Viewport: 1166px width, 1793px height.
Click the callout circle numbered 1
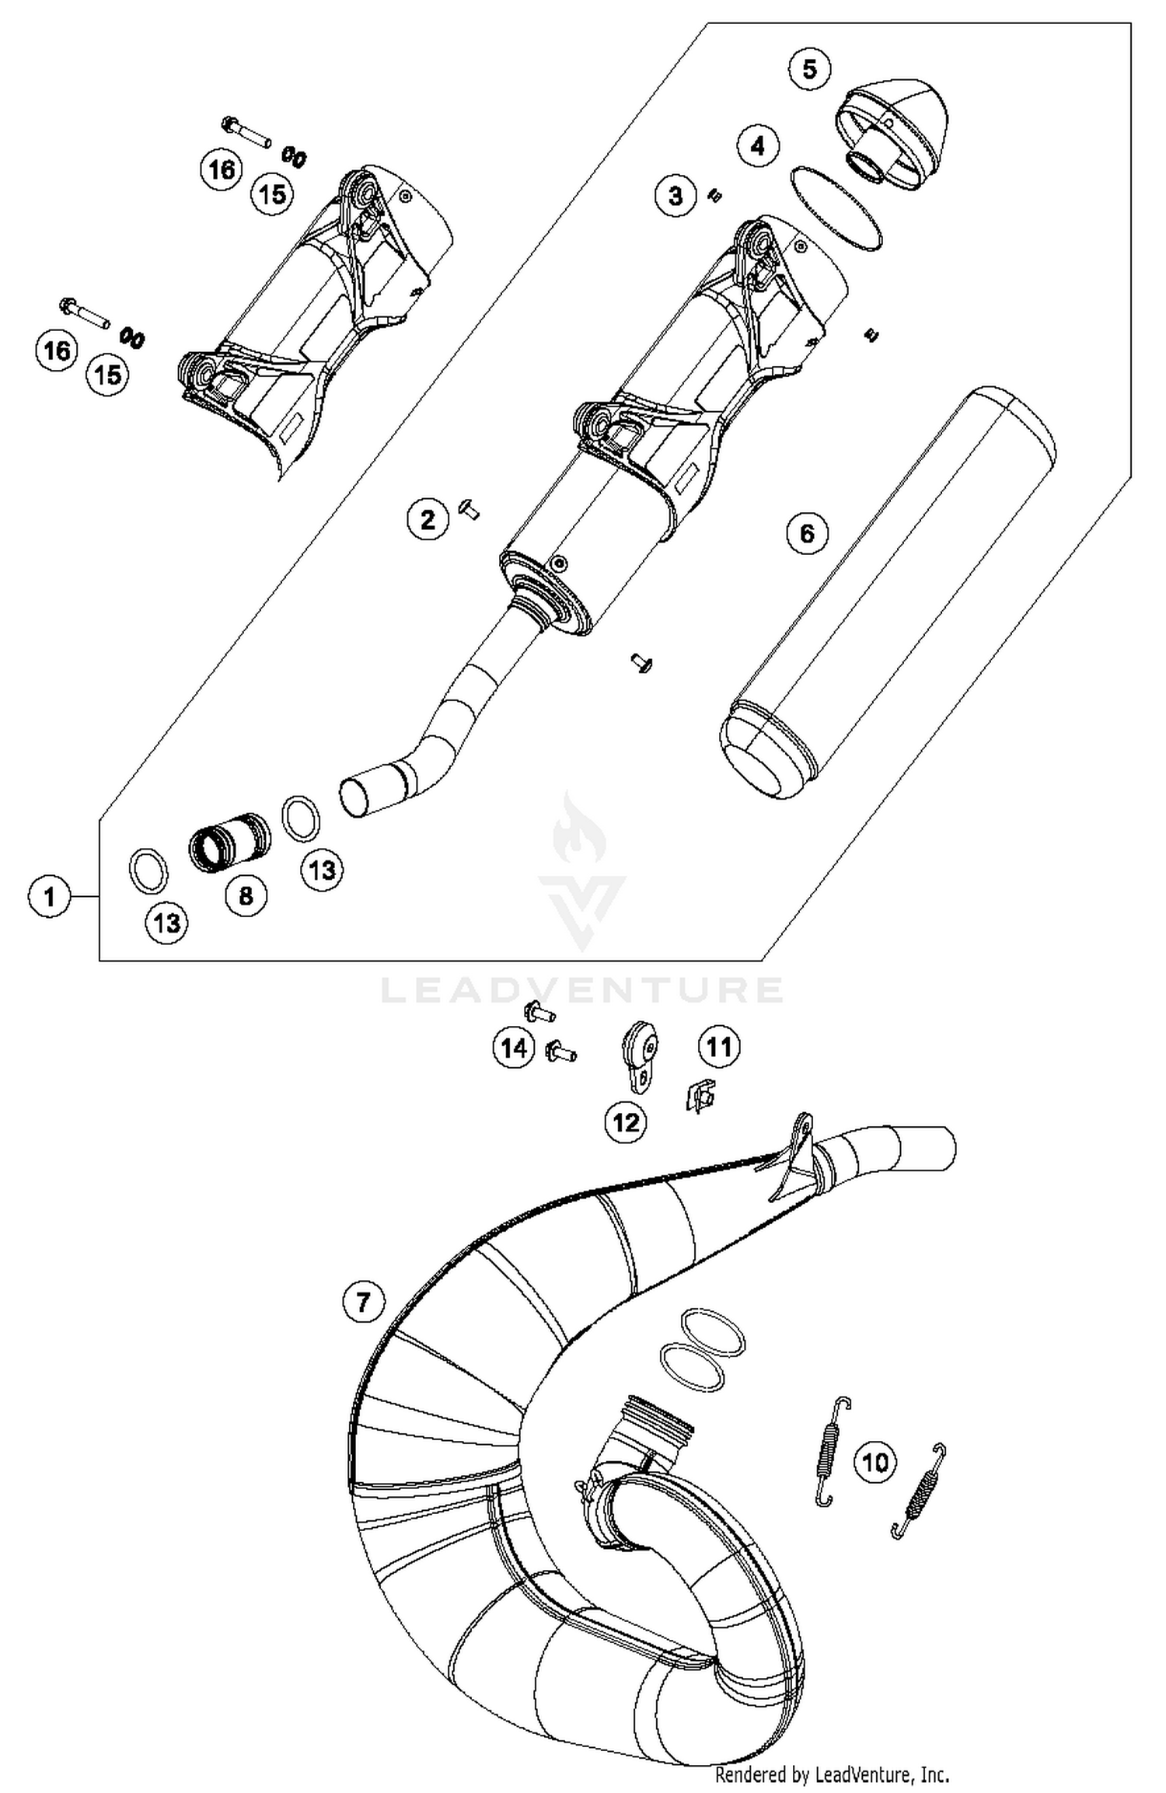point(50,897)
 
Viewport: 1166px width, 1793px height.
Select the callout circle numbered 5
point(809,69)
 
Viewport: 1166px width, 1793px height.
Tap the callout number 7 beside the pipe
point(364,1301)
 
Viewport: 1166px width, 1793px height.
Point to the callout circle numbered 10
point(875,1463)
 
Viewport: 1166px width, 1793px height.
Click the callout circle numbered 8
point(246,895)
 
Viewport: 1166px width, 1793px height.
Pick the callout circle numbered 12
point(626,1121)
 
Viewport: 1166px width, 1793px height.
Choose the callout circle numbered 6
point(807,533)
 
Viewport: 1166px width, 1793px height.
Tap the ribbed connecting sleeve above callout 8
point(231,842)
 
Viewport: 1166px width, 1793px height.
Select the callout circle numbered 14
point(514,1048)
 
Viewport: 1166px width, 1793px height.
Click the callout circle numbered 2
point(428,520)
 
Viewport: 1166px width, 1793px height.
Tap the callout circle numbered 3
point(676,195)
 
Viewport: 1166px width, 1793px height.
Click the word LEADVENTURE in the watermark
point(581,990)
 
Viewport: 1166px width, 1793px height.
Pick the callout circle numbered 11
point(719,1047)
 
